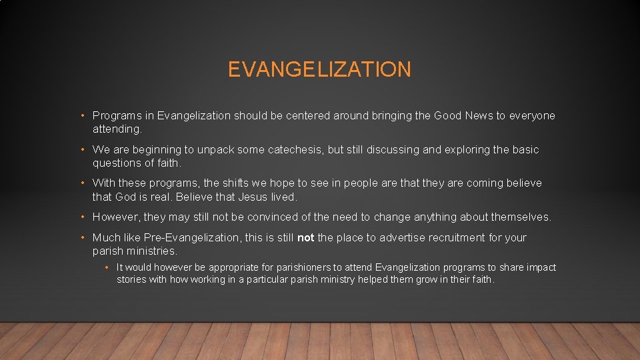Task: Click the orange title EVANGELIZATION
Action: point(319,69)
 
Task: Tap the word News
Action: point(479,116)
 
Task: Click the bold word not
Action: point(306,238)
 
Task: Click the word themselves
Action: point(521,217)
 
